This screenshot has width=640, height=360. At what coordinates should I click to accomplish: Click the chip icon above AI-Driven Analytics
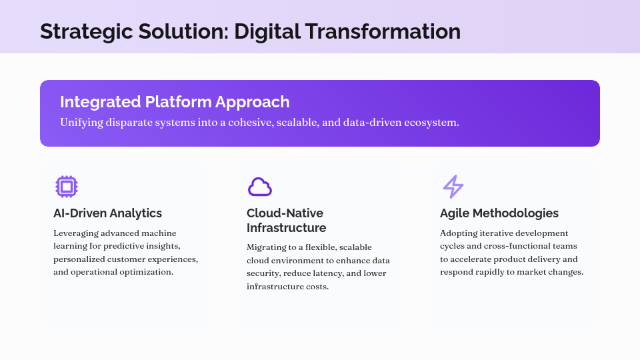[66, 187]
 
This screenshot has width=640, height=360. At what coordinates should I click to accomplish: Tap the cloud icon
[259, 187]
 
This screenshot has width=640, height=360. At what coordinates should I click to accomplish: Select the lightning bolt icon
[453, 187]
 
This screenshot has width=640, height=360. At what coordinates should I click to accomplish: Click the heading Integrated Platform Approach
[175, 102]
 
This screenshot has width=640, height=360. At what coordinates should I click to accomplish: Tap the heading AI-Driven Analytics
[107, 213]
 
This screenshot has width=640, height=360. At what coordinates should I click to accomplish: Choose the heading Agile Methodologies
[499, 213]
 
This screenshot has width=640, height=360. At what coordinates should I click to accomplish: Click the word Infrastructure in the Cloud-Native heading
[286, 228]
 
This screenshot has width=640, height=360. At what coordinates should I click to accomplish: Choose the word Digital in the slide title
[265, 31]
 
